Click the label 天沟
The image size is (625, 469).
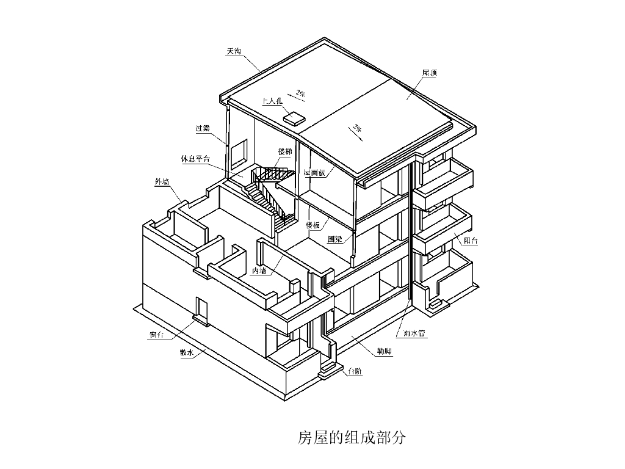click(x=234, y=51)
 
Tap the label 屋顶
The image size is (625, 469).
click(x=429, y=73)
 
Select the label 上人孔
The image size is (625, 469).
click(x=272, y=101)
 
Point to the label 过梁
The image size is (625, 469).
click(x=203, y=128)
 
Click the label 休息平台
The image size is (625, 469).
click(x=195, y=159)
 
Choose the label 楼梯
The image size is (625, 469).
click(x=284, y=151)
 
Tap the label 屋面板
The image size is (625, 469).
click(x=315, y=173)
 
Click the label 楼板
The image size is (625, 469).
click(x=312, y=225)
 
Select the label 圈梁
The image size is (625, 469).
click(x=334, y=239)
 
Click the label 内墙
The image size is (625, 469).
click(x=259, y=271)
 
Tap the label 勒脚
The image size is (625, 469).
click(x=384, y=352)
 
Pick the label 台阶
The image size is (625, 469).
click(x=354, y=371)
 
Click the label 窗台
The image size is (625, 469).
click(x=156, y=335)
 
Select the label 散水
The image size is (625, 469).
click(x=186, y=352)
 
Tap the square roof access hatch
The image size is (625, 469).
click(x=294, y=118)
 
